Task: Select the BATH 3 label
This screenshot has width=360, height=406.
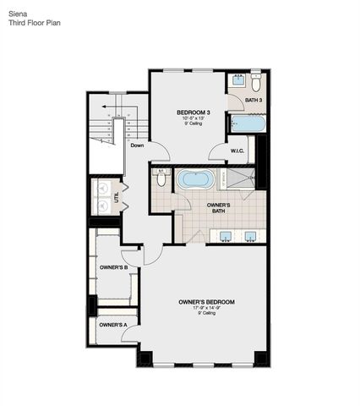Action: point(254,101)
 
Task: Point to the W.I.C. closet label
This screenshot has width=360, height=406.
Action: point(238,151)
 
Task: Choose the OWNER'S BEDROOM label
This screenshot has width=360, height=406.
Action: point(206,302)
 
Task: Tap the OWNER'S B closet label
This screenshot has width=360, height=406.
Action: point(113,268)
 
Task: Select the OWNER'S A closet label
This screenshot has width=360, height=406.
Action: point(112,324)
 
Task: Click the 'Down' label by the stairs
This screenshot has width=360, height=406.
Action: point(137,145)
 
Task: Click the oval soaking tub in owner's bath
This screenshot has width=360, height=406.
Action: point(194,180)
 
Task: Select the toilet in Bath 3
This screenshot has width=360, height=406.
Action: point(256,82)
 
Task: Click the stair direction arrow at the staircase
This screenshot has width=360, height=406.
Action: point(106,108)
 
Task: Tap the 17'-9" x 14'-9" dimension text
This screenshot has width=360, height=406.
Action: point(206,308)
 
